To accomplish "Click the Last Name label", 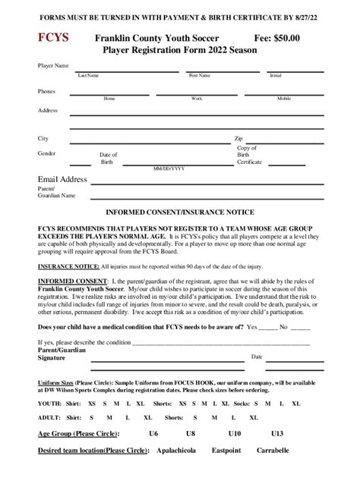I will pos(88,76).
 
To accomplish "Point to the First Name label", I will pos(199,76).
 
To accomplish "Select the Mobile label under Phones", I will pos(284,99).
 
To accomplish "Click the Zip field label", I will pos(238,139).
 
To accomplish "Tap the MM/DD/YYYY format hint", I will pos(169,168).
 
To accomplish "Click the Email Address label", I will pos(63,179).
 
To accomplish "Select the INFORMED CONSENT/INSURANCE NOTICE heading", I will pos(179,212).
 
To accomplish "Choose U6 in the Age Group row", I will pos(153,433).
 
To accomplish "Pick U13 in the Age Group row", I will pos(276,433).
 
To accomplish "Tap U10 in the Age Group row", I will pos(235,433).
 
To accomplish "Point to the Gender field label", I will pos(47,154).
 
